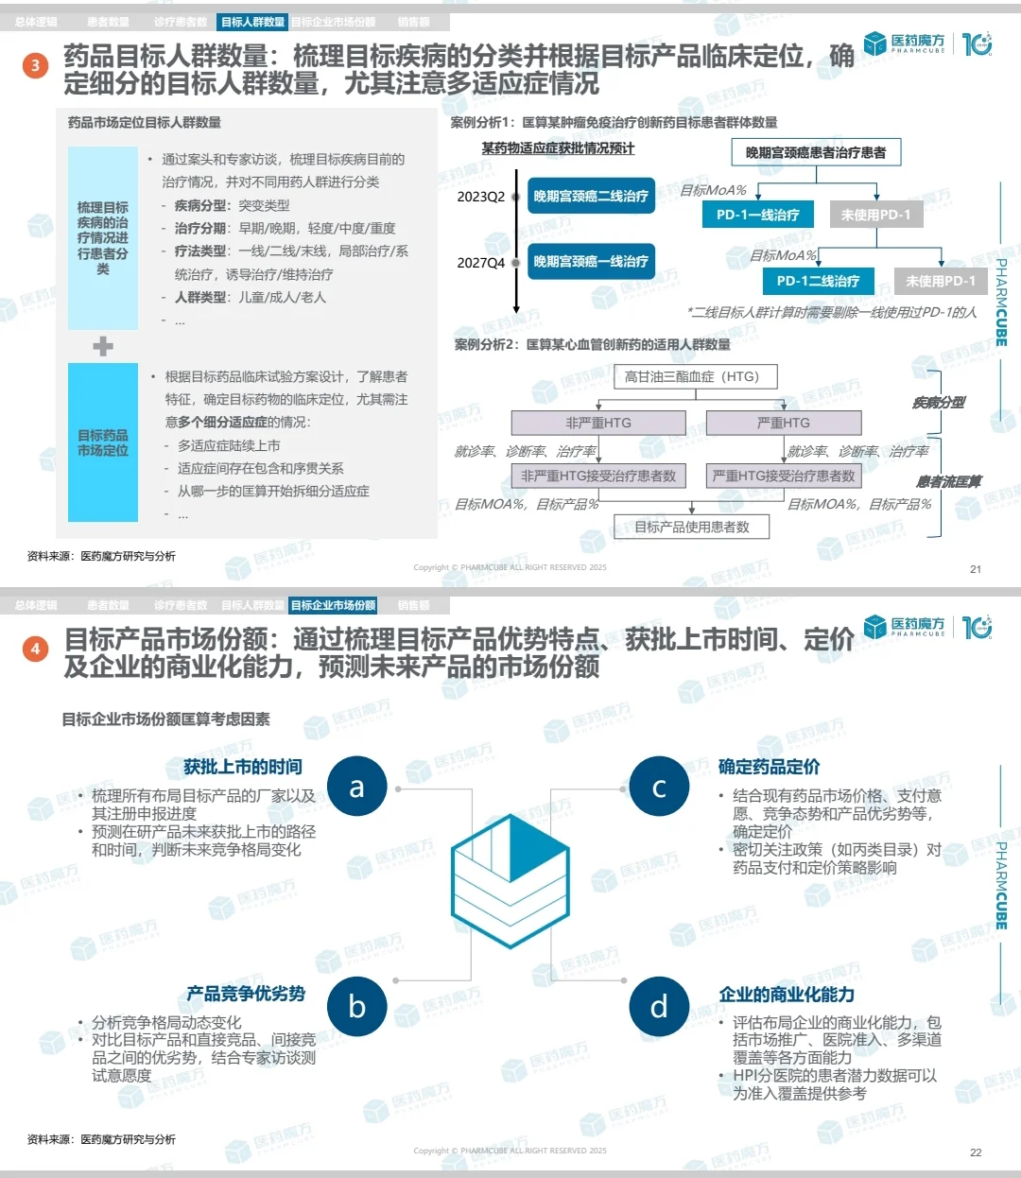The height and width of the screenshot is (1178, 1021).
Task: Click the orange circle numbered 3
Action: click(35, 65)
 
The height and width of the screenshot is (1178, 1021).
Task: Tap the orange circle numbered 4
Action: click(35, 649)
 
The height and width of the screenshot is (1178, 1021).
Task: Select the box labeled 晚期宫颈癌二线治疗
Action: click(591, 197)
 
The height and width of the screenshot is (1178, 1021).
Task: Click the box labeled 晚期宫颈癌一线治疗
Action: click(591, 262)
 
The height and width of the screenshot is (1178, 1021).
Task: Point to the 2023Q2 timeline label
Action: click(481, 197)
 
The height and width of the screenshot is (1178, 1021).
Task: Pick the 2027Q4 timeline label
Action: click(481, 263)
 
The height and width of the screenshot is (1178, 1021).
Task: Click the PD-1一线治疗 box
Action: click(757, 215)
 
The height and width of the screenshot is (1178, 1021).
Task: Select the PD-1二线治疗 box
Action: click(818, 281)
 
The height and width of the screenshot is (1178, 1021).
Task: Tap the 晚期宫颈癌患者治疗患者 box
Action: click(816, 152)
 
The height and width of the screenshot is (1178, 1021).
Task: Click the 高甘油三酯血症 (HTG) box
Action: click(691, 376)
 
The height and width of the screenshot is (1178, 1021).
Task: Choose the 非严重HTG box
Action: click(598, 423)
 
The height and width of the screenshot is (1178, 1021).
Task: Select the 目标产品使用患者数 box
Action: click(691, 527)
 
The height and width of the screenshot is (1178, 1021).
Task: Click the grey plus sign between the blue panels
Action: click(103, 346)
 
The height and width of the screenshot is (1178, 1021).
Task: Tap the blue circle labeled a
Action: click(356, 787)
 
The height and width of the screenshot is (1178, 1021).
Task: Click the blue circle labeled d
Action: click(659, 1006)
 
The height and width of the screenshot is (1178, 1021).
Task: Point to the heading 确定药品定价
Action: click(769, 767)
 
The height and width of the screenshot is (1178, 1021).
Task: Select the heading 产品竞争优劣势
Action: click(246, 994)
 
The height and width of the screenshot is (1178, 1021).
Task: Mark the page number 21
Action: click(976, 569)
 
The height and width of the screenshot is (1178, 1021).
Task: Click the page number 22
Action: click(976, 1152)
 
